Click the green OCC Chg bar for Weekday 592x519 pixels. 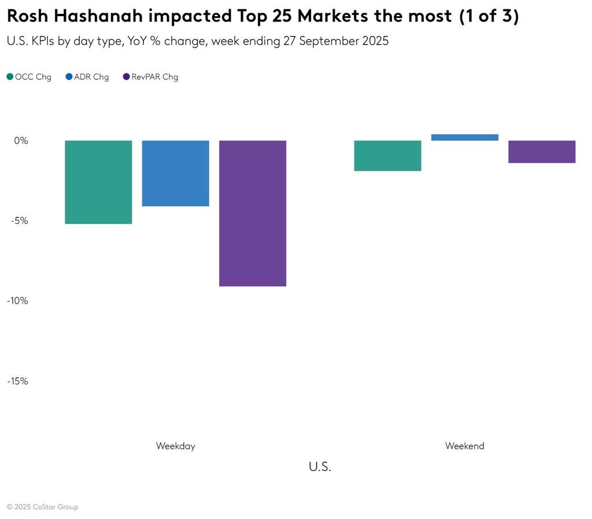98,182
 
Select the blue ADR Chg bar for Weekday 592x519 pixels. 175,173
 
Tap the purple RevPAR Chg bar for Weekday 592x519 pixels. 253,213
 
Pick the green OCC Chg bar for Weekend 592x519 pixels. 387,156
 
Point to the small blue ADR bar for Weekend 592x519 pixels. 465,138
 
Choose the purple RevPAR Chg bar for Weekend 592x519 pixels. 542,152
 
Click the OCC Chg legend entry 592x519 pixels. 29,77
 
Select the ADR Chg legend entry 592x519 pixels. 87,77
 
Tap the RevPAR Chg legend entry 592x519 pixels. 151,77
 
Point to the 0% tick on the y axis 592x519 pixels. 21,141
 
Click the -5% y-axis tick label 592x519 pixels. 19,220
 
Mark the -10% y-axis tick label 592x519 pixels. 17,301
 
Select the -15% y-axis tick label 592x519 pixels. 17,381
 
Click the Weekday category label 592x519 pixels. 175,446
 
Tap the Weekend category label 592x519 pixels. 465,446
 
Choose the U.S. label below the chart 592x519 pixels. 320,467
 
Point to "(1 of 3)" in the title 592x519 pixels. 489,16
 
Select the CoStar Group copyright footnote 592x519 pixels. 43,507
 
